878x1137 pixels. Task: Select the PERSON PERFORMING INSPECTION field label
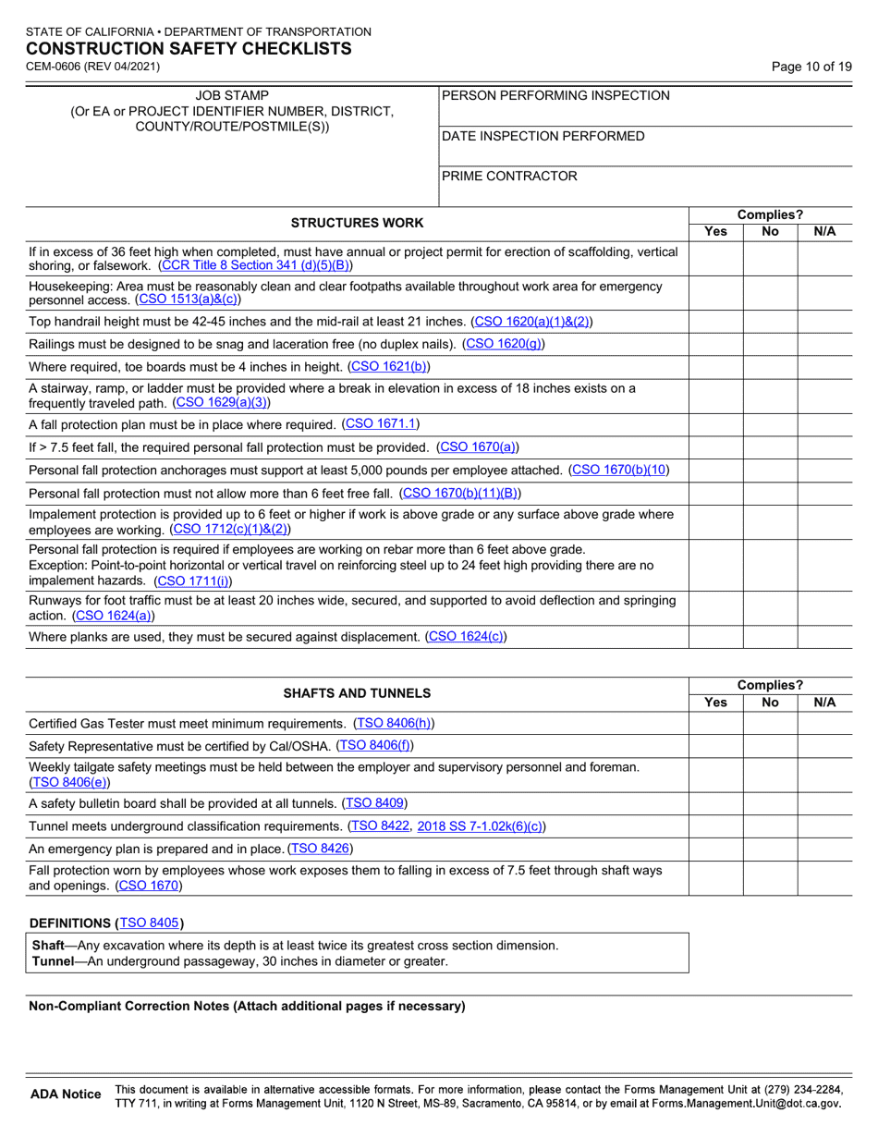point(556,95)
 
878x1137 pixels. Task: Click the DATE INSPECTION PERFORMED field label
point(543,137)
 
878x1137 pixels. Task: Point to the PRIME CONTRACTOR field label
point(509,176)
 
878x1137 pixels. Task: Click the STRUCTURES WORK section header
point(357,223)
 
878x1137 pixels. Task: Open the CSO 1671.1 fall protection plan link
point(381,423)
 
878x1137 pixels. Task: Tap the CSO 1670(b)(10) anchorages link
point(619,471)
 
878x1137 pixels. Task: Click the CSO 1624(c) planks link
point(466,636)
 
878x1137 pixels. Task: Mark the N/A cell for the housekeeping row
point(824,293)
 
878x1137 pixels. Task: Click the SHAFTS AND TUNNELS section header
point(357,692)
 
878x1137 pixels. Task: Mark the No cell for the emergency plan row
point(770,849)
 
